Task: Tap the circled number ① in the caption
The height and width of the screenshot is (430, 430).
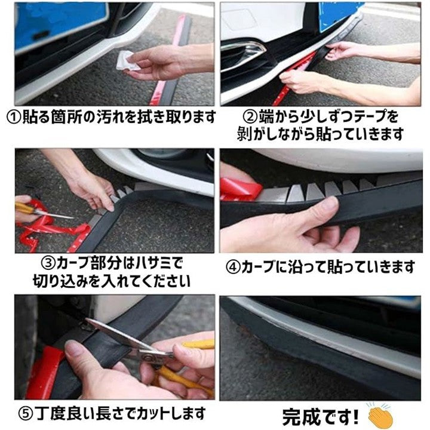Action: pos(14,118)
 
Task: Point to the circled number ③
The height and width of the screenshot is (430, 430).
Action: pos(48,263)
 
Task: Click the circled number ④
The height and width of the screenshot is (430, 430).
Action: pos(233,268)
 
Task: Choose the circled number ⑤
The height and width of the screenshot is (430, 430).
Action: pos(26,414)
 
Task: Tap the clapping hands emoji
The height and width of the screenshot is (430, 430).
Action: pos(380,414)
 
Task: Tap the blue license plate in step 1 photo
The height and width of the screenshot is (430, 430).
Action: pos(59,25)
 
